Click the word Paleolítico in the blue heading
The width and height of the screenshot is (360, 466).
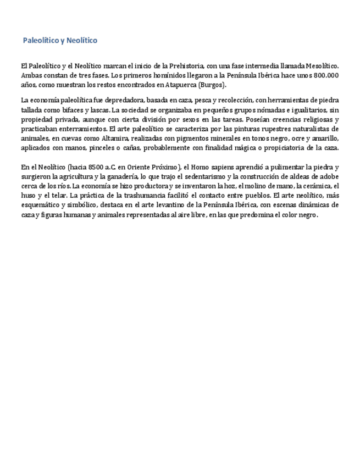40,41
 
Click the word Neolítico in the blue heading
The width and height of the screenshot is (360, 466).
83,41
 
